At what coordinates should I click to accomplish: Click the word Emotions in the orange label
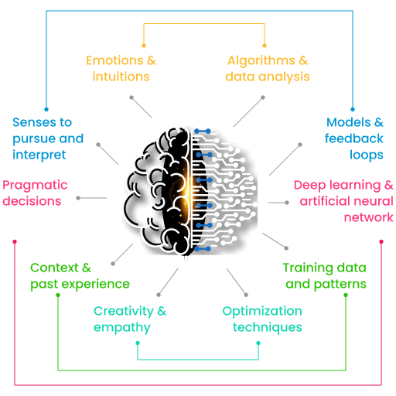114,60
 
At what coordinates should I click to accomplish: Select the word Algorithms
261,61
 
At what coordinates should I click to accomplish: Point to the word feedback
354,138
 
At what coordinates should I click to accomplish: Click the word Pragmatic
35,186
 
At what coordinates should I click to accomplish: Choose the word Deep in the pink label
310,186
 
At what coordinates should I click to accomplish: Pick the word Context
54,268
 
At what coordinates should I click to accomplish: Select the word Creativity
124,312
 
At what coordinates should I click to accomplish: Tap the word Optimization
262,312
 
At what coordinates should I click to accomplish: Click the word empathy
122,328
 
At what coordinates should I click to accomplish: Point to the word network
369,217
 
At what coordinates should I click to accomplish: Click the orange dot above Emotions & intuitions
144,46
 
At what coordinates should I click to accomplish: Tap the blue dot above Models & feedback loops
353,109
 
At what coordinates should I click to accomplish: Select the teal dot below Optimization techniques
258,343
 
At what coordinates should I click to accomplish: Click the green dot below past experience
58,295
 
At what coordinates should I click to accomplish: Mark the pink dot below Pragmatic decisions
15,241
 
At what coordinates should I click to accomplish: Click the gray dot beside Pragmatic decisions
78,198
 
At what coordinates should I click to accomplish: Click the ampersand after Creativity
162,311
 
